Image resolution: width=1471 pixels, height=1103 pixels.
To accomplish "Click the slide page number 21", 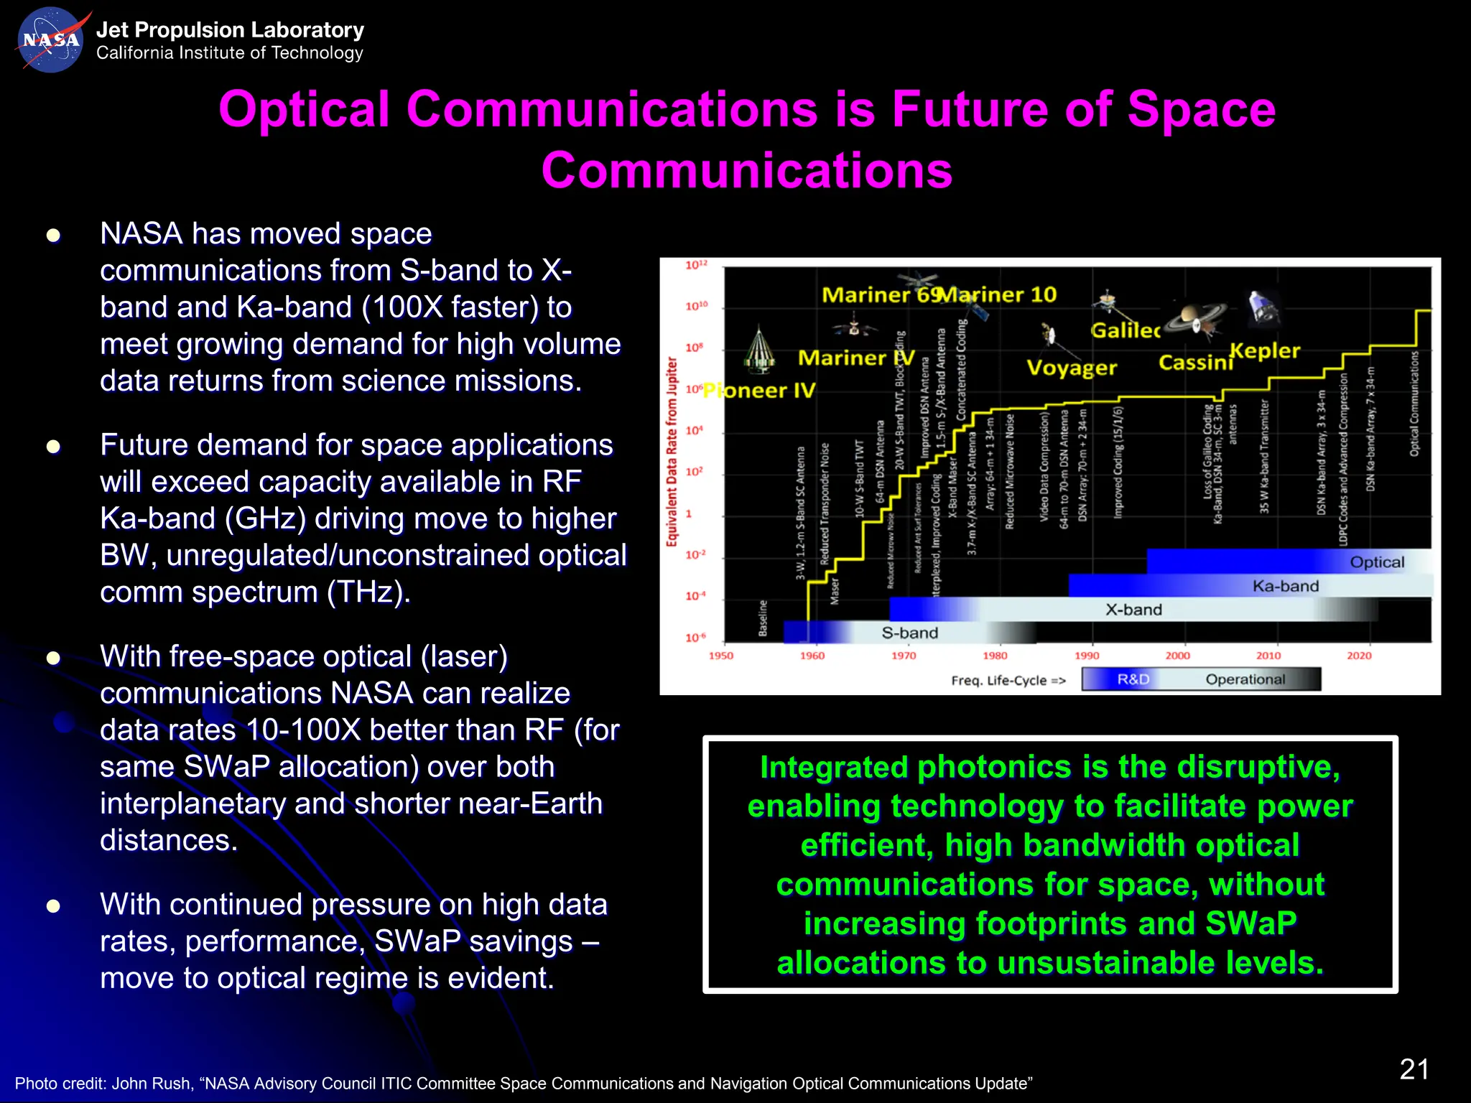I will [x=1414, y=1069].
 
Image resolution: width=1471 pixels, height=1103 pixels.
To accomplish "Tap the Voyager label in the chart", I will [x=1071, y=368].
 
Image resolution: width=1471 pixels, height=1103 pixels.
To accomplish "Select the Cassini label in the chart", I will [x=1194, y=363].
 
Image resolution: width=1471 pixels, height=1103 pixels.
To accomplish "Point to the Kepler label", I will [x=1265, y=350].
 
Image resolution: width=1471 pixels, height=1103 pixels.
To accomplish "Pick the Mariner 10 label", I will [x=1000, y=294].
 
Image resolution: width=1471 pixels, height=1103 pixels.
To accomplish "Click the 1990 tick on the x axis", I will [x=1086, y=656].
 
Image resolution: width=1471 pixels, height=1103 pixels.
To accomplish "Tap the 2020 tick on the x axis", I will [x=1358, y=656].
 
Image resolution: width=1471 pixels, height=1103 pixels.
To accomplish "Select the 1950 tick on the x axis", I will [x=720, y=656].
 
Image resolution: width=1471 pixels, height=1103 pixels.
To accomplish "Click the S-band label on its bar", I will [x=909, y=633].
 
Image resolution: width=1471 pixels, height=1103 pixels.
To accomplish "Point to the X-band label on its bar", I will [x=1133, y=610].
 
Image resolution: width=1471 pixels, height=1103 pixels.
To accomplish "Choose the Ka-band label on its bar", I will [x=1285, y=586].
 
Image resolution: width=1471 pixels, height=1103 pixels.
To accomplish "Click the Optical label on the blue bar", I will [x=1376, y=562].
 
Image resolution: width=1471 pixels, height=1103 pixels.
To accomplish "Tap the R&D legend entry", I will [x=1133, y=679].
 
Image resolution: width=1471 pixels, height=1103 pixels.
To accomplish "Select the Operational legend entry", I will [x=1245, y=679].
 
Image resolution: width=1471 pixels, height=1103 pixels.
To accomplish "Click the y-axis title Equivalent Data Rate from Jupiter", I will [x=672, y=452].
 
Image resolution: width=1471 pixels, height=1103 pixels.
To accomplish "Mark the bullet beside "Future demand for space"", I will [x=53, y=447].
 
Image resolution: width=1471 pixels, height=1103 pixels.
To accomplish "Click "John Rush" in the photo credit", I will [x=152, y=1084].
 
